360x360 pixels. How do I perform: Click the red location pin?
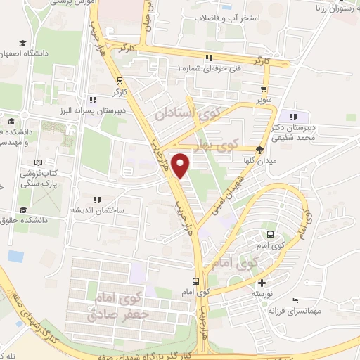click(181, 166)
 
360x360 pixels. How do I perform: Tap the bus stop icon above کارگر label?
click(119, 80)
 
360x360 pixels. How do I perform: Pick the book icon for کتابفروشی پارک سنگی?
click(47, 172)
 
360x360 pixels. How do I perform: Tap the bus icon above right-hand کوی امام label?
click(271, 235)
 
